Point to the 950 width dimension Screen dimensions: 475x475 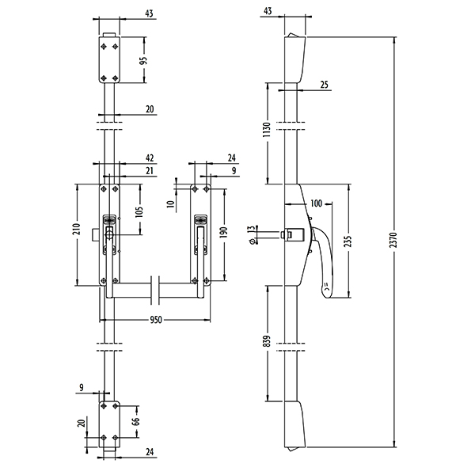click(x=156, y=320)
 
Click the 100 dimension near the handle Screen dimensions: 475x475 click(x=316, y=204)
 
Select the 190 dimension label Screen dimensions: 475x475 click(x=226, y=233)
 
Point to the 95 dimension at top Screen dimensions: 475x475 click(x=145, y=60)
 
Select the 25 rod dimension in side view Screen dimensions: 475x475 click(x=325, y=85)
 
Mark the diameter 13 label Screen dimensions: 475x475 click(x=251, y=234)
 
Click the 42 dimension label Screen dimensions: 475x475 click(x=149, y=158)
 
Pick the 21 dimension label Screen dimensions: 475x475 click(x=149, y=171)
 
